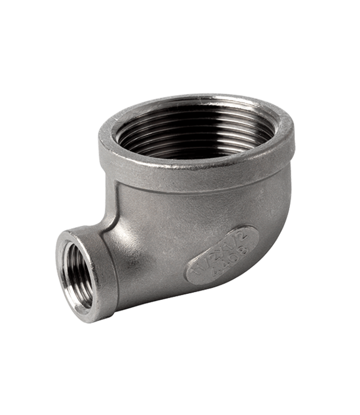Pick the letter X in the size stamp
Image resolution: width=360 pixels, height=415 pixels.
coord(219,248)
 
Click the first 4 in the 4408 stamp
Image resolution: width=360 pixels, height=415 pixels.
coord(211,273)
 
